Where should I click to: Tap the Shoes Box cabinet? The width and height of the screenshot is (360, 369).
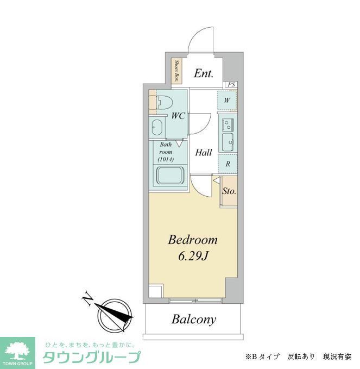pyautogui.click(x=177, y=71)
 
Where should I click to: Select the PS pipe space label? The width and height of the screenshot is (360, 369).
pyautogui.click(x=231, y=84)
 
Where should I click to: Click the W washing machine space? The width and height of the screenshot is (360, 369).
pyautogui.click(x=226, y=101)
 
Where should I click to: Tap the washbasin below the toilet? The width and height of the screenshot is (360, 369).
pyautogui.click(x=157, y=128)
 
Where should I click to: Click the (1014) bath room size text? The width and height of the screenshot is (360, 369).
pyautogui.click(x=166, y=160)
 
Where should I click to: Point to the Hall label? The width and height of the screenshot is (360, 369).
pyautogui.click(x=204, y=153)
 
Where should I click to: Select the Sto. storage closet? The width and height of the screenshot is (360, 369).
pyautogui.click(x=229, y=191)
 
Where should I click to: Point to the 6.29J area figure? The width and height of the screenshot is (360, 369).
pyautogui.click(x=192, y=256)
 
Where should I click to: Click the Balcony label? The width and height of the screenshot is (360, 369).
pyautogui.click(x=194, y=320)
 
